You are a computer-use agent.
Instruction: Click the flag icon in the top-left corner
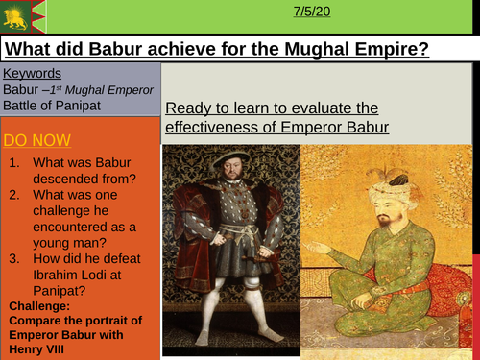tap(18, 13)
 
